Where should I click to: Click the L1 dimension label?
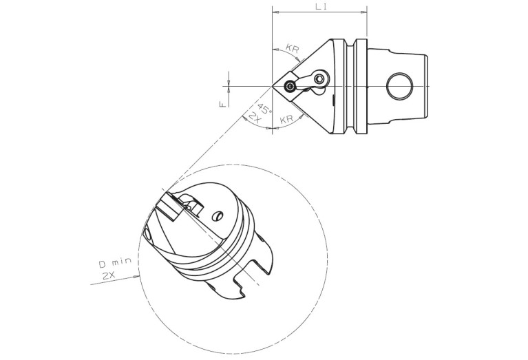[x=321, y=6]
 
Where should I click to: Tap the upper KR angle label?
[x=293, y=48]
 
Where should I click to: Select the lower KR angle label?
[x=287, y=119]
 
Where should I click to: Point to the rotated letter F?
[x=222, y=105]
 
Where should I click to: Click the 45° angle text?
[x=264, y=109]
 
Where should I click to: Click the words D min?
[x=115, y=262]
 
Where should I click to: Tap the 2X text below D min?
[x=109, y=276]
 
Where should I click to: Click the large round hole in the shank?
[x=400, y=86]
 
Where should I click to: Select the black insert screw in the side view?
[x=289, y=87]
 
